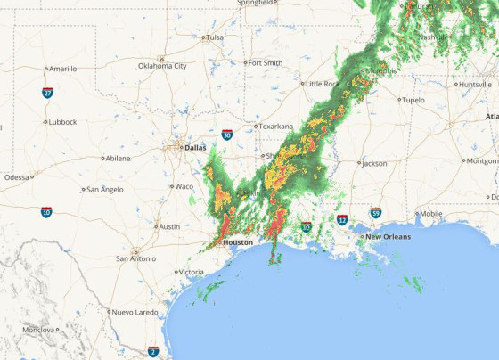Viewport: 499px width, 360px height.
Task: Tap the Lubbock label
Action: (x=61, y=121)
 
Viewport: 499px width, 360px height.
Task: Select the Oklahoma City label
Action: (x=162, y=66)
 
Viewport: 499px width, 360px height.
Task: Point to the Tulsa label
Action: (x=214, y=37)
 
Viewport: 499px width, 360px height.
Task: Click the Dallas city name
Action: (x=194, y=148)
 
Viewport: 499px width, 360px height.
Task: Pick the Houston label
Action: (x=238, y=242)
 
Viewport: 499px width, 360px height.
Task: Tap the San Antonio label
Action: (x=141, y=258)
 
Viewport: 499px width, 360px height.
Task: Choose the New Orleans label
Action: (x=388, y=236)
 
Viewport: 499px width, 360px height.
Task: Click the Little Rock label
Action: (x=322, y=84)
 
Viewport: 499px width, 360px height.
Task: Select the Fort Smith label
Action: (x=265, y=63)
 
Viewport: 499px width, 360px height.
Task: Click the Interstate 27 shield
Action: (x=47, y=93)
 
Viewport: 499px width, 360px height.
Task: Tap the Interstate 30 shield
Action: (x=228, y=135)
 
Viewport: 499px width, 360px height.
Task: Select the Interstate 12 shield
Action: (x=343, y=219)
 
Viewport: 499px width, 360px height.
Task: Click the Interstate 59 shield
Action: (x=377, y=213)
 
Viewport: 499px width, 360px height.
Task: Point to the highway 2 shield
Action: (x=153, y=352)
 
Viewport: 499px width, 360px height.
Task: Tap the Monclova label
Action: (x=38, y=330)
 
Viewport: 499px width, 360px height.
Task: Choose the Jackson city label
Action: (x=374, y=163)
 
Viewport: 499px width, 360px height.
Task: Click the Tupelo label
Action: (x=413, y=100)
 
